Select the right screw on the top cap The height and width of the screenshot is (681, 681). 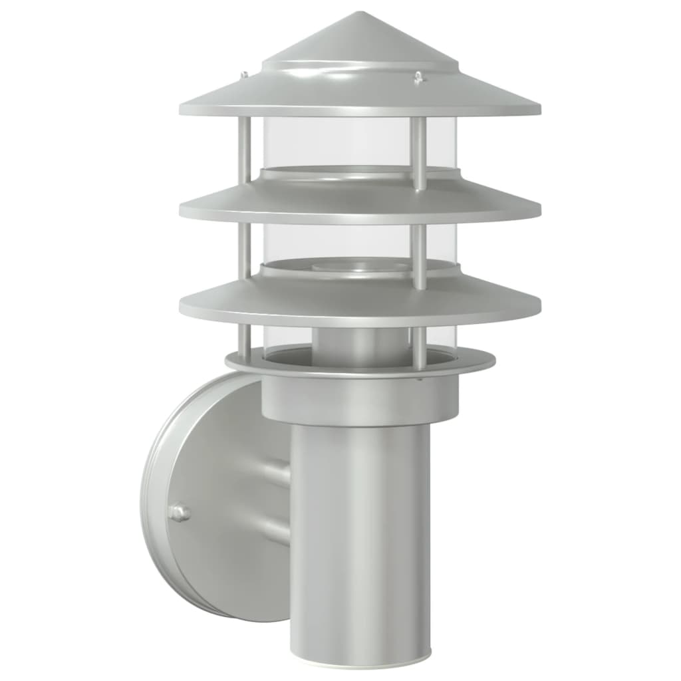418,78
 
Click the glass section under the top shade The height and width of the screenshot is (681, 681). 333,143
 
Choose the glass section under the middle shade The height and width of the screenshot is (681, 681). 333,243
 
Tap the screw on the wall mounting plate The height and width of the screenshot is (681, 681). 178,513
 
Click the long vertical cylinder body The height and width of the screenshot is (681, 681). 359,532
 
